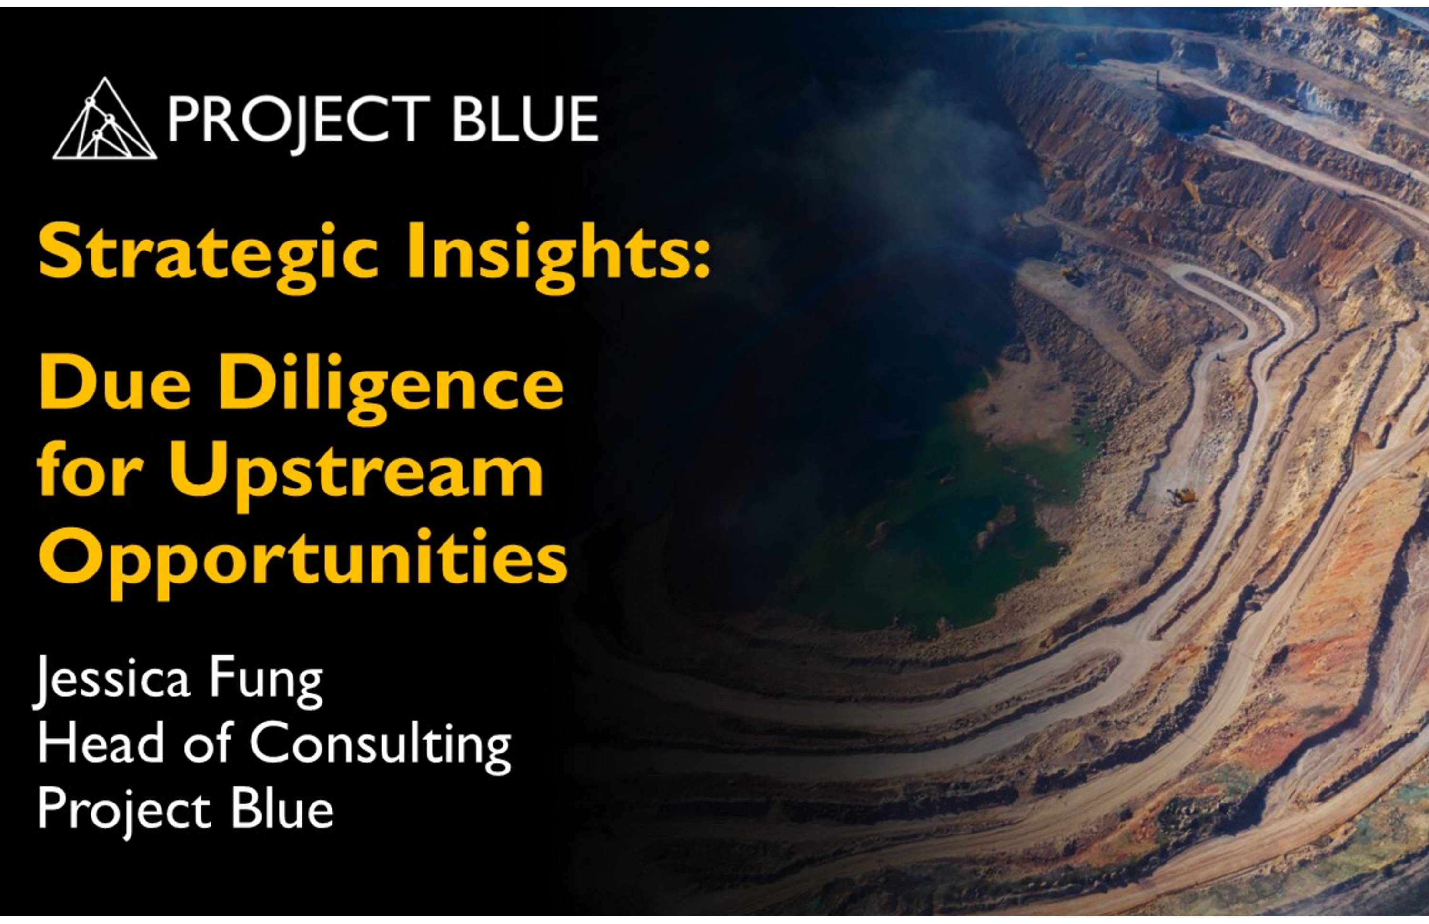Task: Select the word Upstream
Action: coord(356,475)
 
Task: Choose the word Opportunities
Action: coord(303,561)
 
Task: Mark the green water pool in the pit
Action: coord(960,528)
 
